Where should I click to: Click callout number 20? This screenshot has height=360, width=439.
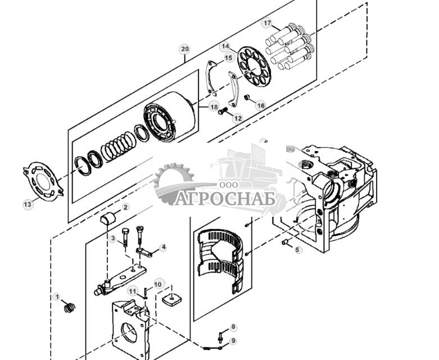[185, 49]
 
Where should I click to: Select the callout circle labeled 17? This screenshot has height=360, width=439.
[267, 23]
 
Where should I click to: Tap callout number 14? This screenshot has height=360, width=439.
[225, 46]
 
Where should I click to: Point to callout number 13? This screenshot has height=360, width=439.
[28, 204]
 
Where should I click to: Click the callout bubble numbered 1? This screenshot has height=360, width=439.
[56, 297]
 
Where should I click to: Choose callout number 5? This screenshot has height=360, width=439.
[298, 249]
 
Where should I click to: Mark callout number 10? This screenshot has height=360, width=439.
[158, 285]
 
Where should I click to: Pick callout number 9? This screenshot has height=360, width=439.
[233, 340]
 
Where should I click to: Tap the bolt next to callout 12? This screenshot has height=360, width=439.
[224, 111]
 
